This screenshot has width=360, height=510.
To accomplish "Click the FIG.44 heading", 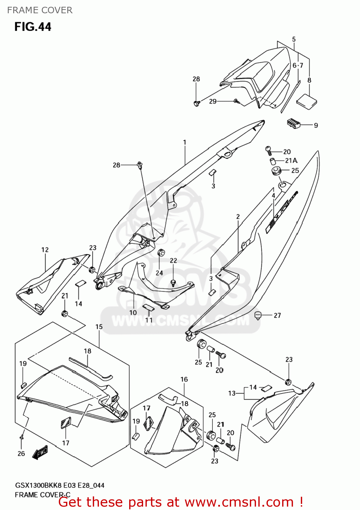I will tap(33, 27).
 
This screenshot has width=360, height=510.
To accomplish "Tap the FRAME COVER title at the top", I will tap(40, 10).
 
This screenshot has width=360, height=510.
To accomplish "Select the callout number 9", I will tap(316, 125).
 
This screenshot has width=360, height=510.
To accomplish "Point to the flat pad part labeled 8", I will tap(307, 102).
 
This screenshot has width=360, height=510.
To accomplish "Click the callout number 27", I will tap(277, 316).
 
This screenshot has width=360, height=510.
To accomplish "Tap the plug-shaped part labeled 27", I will tap(258, 315).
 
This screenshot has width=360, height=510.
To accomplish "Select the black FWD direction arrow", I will tap(40, 453).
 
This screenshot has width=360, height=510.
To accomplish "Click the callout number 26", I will tap(21, 454).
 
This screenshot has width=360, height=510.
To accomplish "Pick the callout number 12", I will tap(45, 250).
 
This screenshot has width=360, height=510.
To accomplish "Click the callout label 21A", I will tap(291, 160).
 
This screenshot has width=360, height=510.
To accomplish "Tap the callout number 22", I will tap(173, 260).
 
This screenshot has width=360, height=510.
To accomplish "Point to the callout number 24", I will tap(159, 273).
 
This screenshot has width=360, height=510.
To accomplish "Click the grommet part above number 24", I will tap(161, 253).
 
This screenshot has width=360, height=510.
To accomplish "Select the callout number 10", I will tap(133, 312).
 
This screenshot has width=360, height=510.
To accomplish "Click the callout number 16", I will tap(184, 379).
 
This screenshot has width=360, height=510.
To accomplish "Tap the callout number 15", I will tap(99, 327).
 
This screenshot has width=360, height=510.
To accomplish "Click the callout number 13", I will tap(232, 393).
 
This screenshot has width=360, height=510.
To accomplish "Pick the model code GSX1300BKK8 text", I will tap(38, 486).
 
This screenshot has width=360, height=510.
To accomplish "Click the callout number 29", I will tap(213, 101).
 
